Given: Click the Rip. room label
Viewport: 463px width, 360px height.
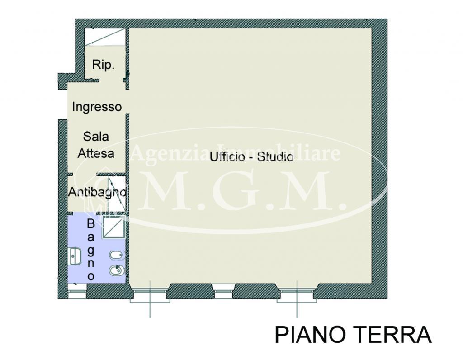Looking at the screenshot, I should pyautogui.click(x=103, y=65).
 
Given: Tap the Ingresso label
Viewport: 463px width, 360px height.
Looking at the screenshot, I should pyautogui.click(x=97, y=107).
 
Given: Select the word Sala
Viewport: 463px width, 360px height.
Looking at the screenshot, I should pyautogui.click(x=96, y=136).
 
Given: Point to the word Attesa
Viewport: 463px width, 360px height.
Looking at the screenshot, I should pyautogui.click(x=96, y=153).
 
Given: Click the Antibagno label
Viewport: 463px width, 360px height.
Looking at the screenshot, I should pyautogui.click(x=97, y=192).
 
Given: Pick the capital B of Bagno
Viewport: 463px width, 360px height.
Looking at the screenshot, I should pyautogui.click(x=91, y=223).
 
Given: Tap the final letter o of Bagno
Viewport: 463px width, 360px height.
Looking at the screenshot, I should pyautogui.click(x=91, y=275).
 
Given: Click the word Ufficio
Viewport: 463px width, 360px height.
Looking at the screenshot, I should pyautogui.click(x=228, y=157).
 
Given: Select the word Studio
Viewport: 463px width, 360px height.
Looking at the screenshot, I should pyautogui.click(x=275, y=157).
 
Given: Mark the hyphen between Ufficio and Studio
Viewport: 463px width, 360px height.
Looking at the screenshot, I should pyautogui.click(x=252, y=157).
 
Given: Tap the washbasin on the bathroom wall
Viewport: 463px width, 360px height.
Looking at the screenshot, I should pyautogui.click(x=74, y=256).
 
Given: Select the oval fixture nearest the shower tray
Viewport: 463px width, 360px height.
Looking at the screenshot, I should pyautogui.click(x=116, y=256).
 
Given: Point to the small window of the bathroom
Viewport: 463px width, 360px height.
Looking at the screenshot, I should pyautogui.click(x=76, y=294).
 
